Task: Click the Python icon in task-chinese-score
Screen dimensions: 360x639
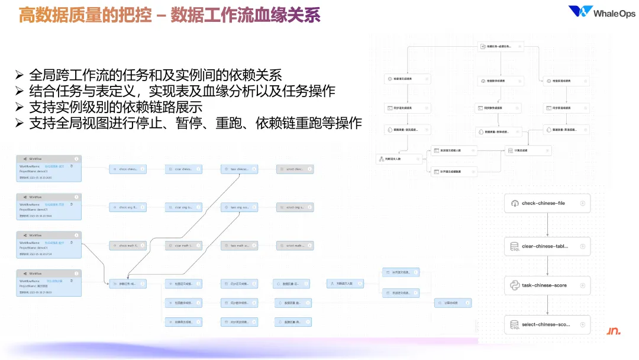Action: tap(513, 285)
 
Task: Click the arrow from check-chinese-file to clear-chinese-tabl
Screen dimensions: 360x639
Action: tap(547, 225)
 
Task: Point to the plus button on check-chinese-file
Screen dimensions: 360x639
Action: tap(582, 203)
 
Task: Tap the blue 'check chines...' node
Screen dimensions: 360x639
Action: tap(127, 169)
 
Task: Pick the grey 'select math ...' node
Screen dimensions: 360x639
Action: tap(295, 246)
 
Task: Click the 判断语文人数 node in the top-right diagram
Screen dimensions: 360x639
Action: tap(399, 159)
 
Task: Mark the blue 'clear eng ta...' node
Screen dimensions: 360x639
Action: tap(183, 207)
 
